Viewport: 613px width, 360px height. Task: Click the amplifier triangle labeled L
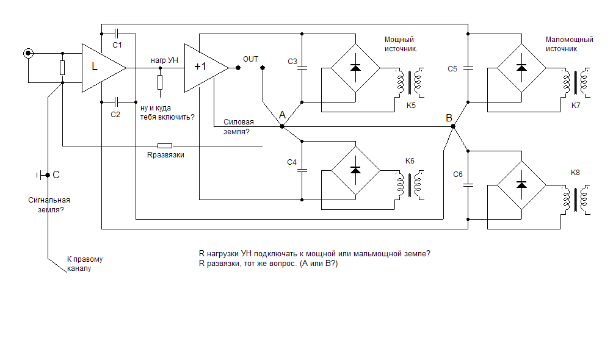101,67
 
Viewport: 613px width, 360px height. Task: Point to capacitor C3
302,67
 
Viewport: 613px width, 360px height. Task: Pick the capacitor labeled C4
302,170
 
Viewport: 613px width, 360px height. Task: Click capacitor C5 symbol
467,68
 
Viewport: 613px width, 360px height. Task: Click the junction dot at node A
281,126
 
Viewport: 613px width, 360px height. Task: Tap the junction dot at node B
452,126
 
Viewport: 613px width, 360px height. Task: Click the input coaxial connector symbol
27,54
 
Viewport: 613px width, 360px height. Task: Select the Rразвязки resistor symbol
164,146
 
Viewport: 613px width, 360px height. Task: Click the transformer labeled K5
410,83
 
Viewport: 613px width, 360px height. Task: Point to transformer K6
410,185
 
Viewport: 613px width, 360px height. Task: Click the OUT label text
250,59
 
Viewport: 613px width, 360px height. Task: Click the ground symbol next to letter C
41,176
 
